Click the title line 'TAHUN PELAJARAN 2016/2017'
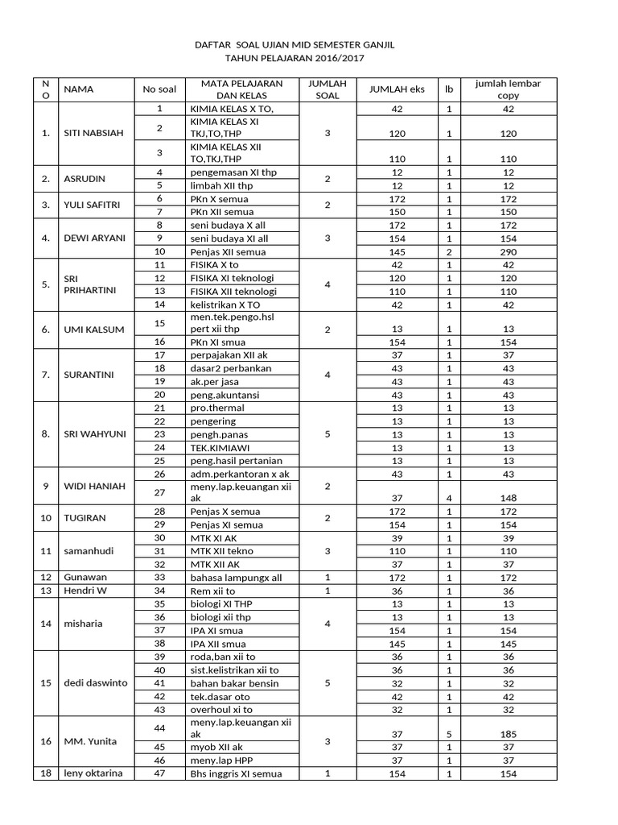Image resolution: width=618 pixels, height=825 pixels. point(299,59)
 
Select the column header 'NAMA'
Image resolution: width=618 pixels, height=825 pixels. point(79,89)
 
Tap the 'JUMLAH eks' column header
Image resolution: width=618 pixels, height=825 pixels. point(396,89)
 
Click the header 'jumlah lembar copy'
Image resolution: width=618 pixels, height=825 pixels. point(508,89)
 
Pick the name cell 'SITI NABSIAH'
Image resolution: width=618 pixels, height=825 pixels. point(93,133)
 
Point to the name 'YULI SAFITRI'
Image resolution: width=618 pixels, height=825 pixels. point(93,205)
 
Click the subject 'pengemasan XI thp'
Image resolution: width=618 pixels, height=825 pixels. point(227,172)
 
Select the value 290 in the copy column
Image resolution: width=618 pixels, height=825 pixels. point(508,252)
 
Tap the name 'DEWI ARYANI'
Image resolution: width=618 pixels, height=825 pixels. point(93,238)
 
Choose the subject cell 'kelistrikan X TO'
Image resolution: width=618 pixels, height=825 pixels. point(229,305)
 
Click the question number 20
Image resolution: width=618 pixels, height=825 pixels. point(159,394)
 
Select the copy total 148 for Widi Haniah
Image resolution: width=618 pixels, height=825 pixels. point(508,498)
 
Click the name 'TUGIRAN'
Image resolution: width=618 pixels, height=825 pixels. point(84,517)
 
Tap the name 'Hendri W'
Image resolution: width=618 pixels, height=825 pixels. point(84,591)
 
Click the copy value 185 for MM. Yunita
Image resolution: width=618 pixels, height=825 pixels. point(508,735)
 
